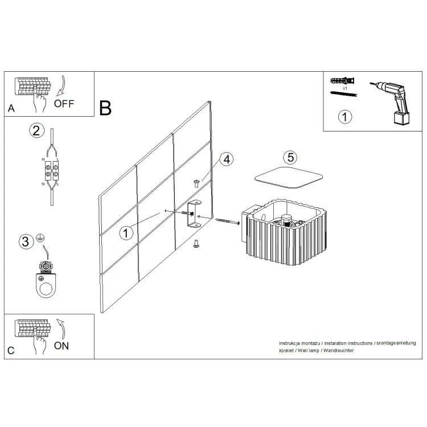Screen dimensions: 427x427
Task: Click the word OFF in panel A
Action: (64, 104)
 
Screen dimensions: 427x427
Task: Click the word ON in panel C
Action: (61, 346)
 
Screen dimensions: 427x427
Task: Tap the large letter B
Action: (105, 108)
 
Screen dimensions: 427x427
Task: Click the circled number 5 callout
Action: (290, 157)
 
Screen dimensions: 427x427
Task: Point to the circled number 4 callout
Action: (227, 159)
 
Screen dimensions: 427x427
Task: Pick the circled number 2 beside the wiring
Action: (37, 130)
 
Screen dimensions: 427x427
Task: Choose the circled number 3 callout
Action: (26, 241)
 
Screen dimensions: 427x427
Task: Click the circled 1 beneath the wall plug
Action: (345, 117)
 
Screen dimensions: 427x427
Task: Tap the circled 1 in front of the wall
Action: (126, 233)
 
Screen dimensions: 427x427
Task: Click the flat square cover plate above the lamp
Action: (289, 178)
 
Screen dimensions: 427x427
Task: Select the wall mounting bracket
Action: (194, 213)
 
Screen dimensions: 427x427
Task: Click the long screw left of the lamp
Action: (227, 221)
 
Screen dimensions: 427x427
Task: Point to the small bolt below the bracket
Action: (195, 244)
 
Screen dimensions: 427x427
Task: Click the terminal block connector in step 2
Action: (52, 171)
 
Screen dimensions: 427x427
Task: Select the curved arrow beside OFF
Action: (62, 86)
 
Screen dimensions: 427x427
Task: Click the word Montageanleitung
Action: (396, 343)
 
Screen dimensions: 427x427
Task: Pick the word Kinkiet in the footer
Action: (286, 351)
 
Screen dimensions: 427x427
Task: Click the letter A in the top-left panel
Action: (11, 108)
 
